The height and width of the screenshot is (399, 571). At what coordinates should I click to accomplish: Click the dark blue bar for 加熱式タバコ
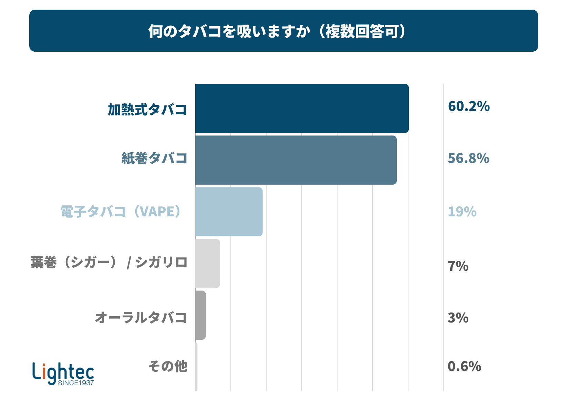(302, 108)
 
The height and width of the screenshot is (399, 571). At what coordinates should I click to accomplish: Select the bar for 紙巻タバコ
(296, 160)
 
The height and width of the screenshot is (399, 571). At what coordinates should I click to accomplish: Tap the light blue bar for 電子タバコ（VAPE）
(229, 212)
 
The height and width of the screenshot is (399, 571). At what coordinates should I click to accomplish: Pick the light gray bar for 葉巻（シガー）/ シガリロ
(208, 264)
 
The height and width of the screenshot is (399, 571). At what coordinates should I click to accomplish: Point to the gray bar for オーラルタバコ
(200, 315)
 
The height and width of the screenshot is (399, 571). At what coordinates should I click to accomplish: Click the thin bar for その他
(196, 367)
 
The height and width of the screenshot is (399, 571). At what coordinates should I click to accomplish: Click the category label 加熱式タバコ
(147, 110)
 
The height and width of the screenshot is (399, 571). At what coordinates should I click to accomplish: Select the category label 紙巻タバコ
(155, 158)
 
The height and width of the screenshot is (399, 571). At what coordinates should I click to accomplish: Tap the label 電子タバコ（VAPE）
(121, 212)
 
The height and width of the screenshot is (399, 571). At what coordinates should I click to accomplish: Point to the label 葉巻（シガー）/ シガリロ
(109, 262)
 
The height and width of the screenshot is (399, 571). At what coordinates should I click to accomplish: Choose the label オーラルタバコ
(141, 318)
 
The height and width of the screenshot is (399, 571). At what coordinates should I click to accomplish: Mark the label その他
(168, 366)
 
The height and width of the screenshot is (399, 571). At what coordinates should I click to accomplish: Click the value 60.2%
(469, 106)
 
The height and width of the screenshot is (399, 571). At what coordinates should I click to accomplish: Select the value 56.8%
(468, 158)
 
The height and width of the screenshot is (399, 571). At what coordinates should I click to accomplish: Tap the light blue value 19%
(462, 212)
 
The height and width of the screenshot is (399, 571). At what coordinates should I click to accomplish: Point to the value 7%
(458, 266)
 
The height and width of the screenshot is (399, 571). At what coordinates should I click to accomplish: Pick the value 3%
(458, 318)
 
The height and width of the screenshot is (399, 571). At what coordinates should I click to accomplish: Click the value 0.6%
(465, 366)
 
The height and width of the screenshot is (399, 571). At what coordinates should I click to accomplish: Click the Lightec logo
(63, 374)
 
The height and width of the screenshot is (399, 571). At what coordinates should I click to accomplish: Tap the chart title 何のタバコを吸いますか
(229, 31)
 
